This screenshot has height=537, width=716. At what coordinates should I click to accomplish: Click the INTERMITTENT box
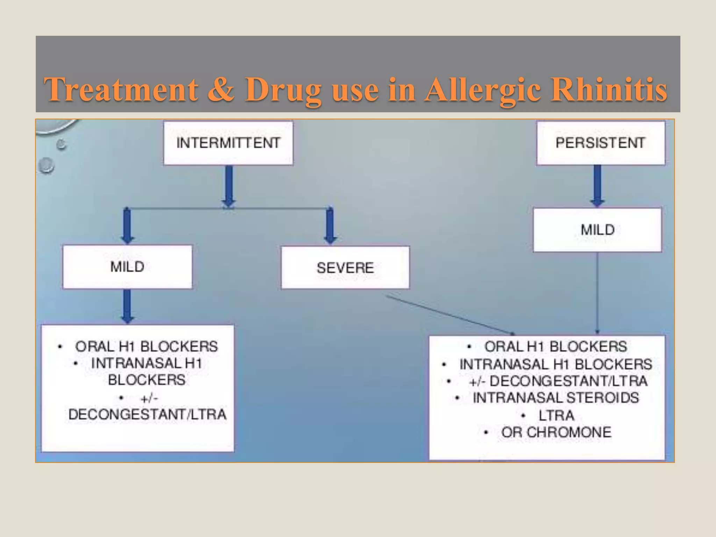tap(228, 143)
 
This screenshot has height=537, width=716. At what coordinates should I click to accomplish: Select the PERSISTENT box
tap(600, 143)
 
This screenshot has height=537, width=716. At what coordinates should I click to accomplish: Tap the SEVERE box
tap(345, 268)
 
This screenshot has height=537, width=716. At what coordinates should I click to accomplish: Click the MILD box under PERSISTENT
tap(597, 230)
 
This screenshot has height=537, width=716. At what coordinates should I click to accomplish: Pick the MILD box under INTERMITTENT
tap(127, 267)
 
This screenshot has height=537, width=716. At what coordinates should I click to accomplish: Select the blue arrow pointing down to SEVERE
tap(330, 225)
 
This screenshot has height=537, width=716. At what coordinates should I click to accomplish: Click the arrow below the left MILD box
tap(127, 306)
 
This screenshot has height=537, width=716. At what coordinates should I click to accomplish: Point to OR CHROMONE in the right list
tap(556, 432)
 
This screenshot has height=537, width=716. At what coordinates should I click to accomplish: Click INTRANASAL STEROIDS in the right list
tap(556, 398)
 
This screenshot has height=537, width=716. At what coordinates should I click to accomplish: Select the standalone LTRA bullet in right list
tap(556, 415)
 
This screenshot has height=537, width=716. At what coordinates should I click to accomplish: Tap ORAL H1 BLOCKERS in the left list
tap(146, 346)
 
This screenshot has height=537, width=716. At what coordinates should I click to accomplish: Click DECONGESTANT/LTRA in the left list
tap(147, 415)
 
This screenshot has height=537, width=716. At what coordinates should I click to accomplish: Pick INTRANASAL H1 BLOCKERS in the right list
tap(556, 364)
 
